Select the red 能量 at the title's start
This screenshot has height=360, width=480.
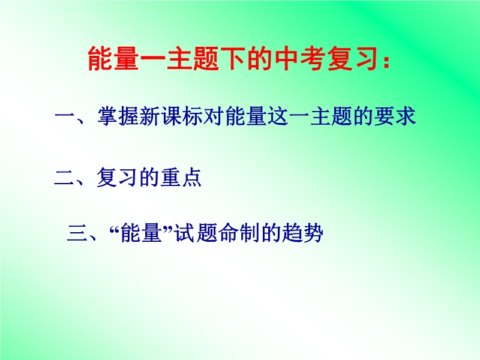[x=113, y=58]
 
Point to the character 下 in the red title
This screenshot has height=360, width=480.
[x=233, y=58]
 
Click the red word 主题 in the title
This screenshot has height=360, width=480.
[x=193, y=58]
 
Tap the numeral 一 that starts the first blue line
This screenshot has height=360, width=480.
[x=65, y=116]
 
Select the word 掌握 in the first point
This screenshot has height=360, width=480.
[x=118, y=116]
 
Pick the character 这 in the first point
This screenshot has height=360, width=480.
[x=278, y=116]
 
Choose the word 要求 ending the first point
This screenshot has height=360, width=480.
[x=395, y=116]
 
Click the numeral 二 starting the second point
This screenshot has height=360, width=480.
[x=64, y=178]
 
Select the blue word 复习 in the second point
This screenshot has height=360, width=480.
[x=118, y=178]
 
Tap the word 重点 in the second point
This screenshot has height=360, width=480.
[x=181, y=178]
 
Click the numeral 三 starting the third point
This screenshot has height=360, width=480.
[x=77, y=233]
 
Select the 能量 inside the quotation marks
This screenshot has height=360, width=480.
[x=141, y=233]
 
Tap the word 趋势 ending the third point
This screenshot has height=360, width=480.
[x=302, y=233]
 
